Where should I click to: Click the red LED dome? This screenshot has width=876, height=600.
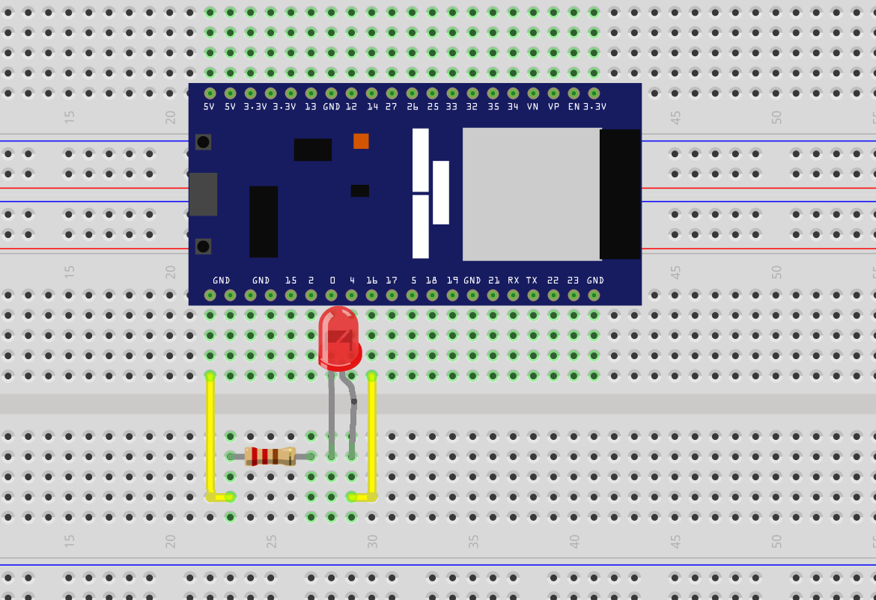[338, 337]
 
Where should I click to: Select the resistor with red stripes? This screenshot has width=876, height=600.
[270, 456]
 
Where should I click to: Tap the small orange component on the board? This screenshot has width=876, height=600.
[361, 141]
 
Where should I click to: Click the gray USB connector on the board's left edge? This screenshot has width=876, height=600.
[203, 195]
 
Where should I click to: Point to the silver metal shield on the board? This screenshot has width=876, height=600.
[532, 194]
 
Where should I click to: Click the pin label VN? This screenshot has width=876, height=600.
[533, 107]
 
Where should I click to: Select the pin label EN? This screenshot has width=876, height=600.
[574, 107]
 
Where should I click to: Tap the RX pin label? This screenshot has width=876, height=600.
[513, 281]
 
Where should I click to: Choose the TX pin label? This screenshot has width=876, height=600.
[532, 281]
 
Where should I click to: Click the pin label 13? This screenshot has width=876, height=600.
[311, 107]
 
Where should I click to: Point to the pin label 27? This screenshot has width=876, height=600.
[392, 107]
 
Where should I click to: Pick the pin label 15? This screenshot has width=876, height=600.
[291, 281]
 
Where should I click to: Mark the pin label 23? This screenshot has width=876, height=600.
[573, 281]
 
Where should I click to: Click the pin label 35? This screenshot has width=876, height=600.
[493, 107]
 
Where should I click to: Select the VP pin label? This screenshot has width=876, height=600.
[553, 107]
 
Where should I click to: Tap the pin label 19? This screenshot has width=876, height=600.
[452, 281]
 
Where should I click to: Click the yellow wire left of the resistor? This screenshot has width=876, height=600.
[210, 434]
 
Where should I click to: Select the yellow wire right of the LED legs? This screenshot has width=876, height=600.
[372, 434]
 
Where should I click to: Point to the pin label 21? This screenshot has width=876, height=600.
[493, 281]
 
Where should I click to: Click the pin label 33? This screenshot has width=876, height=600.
[451, 107]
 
